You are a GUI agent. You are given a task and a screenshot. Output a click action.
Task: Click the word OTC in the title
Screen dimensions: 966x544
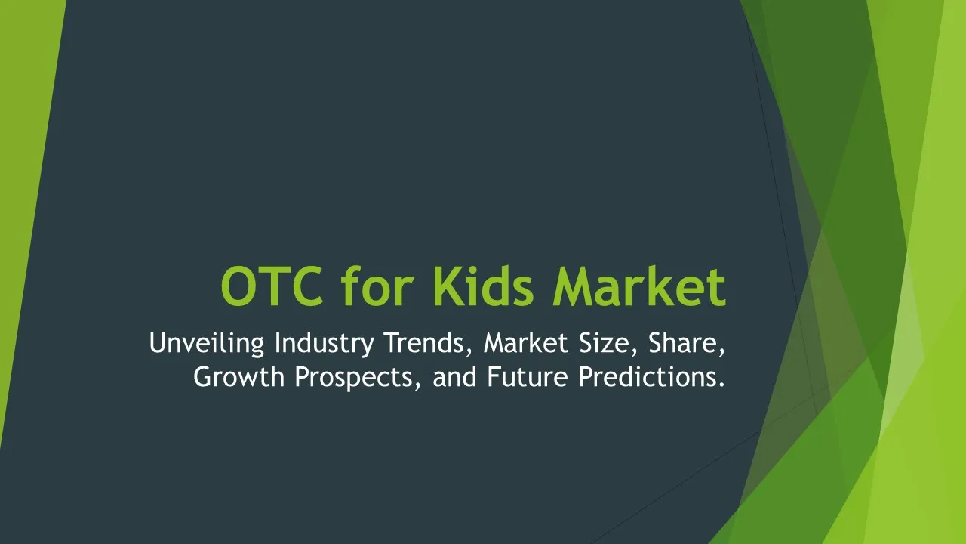tap(272, 286)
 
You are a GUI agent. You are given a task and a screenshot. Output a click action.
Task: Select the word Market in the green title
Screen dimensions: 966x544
tap(639, 286)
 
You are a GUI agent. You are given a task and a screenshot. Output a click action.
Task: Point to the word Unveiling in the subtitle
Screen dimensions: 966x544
tap(207, 343)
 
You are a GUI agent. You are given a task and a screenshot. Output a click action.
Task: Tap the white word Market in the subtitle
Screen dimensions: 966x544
tap(526, 343)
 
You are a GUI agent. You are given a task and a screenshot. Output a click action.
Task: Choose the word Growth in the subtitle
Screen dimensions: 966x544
tap(239, 376)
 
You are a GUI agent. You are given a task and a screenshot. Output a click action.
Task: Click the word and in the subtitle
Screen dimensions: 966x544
tap(454, 376)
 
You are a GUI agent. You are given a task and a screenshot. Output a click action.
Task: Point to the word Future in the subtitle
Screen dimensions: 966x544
tap(528, 376)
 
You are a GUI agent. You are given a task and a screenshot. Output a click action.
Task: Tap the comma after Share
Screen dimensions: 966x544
tap(721, 352)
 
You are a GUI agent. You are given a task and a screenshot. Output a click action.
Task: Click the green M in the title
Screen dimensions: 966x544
tap(576, 286)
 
